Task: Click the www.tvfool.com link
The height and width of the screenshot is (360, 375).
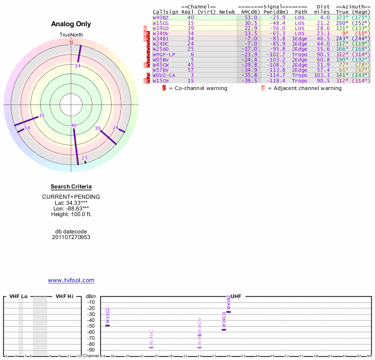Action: tap(71, 280)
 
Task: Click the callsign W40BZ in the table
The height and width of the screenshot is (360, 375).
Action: tap(160, 17)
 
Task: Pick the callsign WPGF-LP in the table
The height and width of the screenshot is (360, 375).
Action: tap(164, 54)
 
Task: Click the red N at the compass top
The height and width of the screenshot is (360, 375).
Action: tap(71, 42)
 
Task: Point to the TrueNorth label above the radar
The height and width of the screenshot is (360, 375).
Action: tap(71, 35)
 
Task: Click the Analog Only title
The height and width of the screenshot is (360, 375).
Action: tap(71, 24)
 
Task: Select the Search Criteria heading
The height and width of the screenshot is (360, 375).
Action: tap(71, 187)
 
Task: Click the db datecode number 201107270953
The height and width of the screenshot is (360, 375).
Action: tap(71, 237)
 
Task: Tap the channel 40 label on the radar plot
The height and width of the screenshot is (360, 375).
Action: tap(74, 125)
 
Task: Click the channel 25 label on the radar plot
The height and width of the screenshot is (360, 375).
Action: tap(84, 158)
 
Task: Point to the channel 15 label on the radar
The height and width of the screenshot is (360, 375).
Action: tap(42, 116)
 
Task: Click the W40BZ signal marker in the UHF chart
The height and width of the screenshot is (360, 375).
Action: tap(229, 312)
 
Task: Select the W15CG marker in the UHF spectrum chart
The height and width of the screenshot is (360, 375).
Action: tap(107, 325)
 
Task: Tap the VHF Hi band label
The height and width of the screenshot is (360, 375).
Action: tap(64, 296)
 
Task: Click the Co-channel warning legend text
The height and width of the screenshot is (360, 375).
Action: tap(201, 88)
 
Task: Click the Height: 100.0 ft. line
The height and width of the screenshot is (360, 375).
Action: tap(71, 214)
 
